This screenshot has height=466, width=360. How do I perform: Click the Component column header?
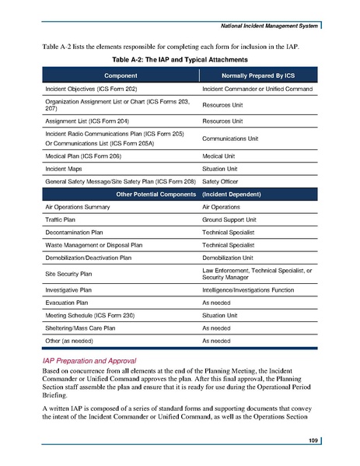(114, 75)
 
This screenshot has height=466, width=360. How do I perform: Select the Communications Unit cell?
(236, 140)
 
